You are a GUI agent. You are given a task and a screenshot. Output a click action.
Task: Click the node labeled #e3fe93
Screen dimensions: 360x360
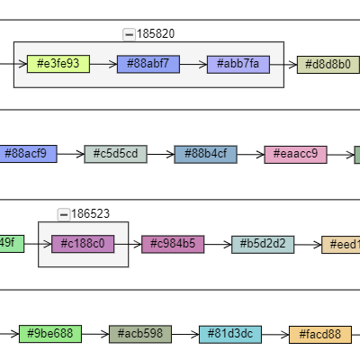click(58, 64)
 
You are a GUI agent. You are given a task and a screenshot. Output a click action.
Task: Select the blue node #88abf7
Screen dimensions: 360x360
click(148, 64)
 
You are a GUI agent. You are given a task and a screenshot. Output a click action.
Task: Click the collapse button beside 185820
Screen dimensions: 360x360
click(129, 34)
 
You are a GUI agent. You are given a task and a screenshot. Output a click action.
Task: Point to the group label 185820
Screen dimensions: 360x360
click(156, 34)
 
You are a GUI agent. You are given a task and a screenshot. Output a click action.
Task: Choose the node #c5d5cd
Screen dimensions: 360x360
click(115, 154)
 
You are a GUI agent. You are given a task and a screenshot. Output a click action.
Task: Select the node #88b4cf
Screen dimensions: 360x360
click(205, 154)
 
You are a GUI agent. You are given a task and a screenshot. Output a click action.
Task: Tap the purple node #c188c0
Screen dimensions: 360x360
click(83, 244)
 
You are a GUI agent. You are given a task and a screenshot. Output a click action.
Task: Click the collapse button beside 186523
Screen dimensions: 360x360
click(63, 214)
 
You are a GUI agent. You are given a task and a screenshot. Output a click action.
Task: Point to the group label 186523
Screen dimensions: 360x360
click(90, 214)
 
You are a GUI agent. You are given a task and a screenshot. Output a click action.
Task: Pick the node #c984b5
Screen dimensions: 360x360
click(173, 244)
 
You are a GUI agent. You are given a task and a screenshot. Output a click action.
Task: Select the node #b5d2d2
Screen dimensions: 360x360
click(263, 244)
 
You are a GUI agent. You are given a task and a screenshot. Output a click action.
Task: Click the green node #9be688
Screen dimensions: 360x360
click(49, 334)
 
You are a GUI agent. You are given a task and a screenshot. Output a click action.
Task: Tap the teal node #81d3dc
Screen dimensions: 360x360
click(229, 334)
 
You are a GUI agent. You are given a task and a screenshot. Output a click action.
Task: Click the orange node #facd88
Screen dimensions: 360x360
click(319, 334)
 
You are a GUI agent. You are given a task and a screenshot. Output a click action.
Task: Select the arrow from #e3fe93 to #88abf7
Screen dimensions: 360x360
click(103, 64)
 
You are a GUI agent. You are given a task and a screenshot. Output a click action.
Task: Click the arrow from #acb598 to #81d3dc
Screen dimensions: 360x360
click(184, 334)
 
